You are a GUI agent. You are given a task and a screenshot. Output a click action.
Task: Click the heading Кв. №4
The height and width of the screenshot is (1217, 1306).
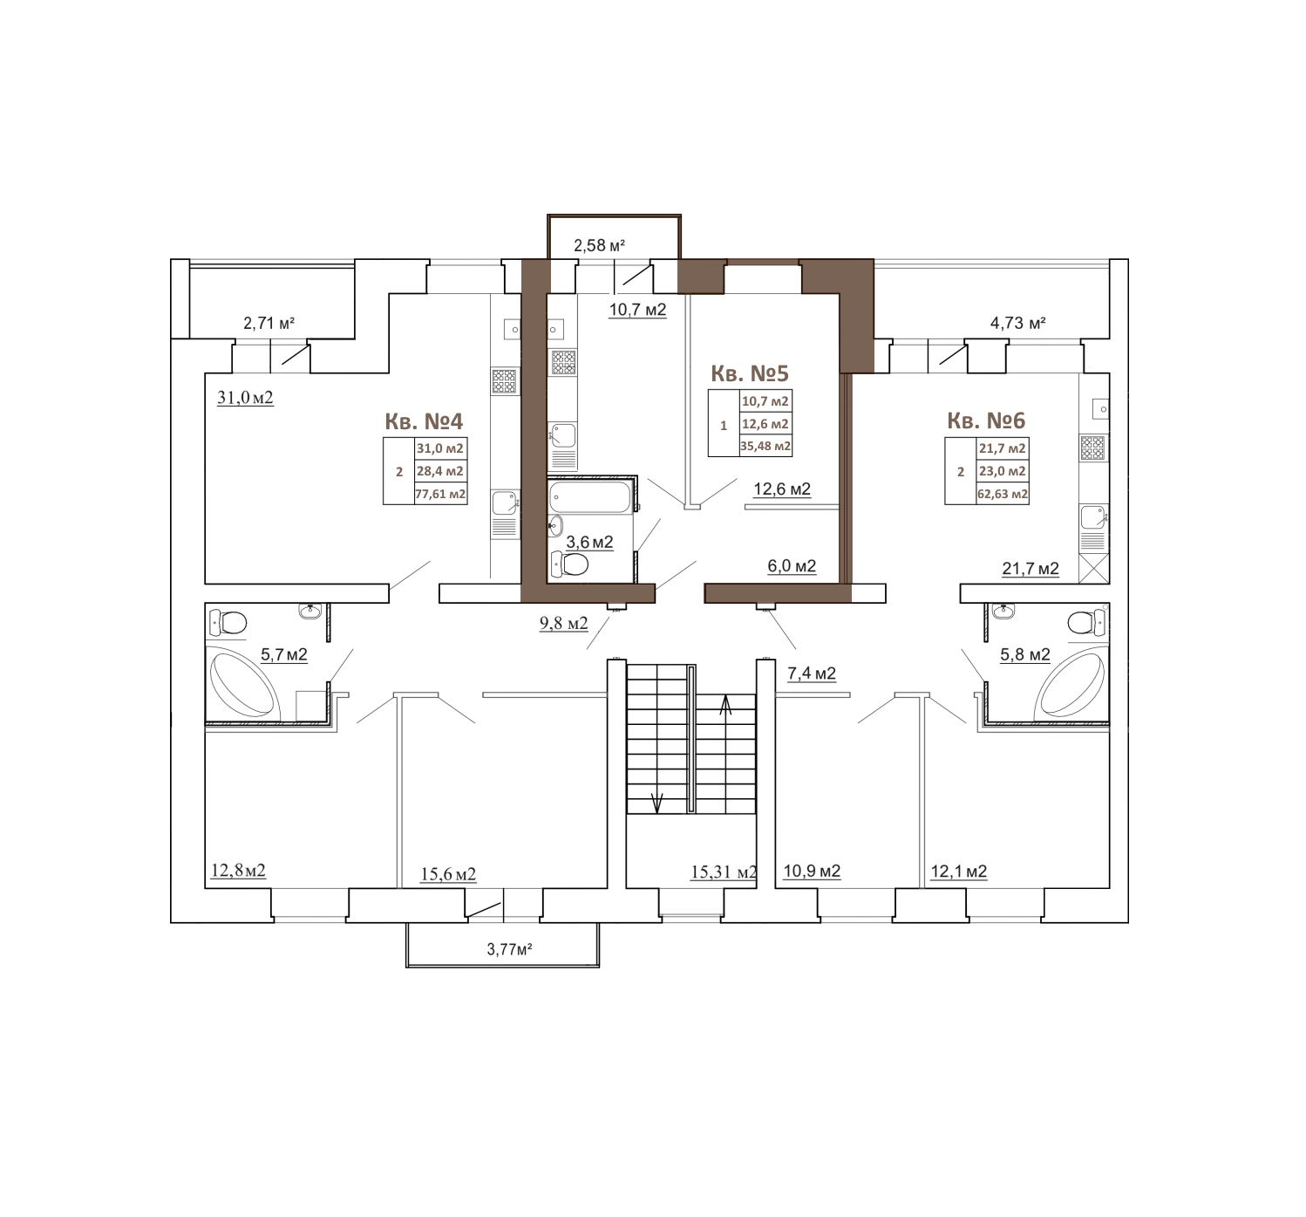425,420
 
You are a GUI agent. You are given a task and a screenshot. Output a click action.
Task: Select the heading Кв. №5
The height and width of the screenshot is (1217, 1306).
750,373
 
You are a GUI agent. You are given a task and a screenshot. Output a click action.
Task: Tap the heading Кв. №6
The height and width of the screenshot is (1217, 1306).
986,420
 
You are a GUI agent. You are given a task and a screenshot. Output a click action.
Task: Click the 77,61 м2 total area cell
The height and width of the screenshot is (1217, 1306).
440,494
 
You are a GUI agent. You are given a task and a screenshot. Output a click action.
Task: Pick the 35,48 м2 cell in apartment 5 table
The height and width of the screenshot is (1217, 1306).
765,447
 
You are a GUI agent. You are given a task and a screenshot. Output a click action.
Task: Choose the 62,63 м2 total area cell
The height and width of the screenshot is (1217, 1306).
1003,494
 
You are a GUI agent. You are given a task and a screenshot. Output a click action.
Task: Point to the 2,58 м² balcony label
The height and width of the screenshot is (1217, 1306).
599,245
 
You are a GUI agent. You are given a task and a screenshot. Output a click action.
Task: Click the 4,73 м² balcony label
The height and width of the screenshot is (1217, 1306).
1018,323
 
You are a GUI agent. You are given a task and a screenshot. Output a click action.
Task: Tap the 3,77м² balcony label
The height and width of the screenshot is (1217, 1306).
509,949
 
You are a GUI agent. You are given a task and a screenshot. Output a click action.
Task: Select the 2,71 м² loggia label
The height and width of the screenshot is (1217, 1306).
269,323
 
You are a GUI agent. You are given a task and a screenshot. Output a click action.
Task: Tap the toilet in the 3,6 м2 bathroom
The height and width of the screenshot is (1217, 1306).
571,564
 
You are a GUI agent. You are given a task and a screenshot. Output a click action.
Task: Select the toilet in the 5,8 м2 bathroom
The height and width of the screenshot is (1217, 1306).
1085,621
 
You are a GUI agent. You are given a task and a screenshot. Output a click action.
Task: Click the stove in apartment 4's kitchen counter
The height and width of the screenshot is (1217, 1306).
505,381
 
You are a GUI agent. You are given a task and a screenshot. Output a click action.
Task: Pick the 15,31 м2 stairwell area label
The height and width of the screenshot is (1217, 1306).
724,872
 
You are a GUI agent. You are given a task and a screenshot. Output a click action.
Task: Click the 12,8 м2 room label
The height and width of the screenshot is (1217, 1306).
238,871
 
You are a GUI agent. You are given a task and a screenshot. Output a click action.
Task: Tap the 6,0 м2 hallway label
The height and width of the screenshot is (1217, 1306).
792,566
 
